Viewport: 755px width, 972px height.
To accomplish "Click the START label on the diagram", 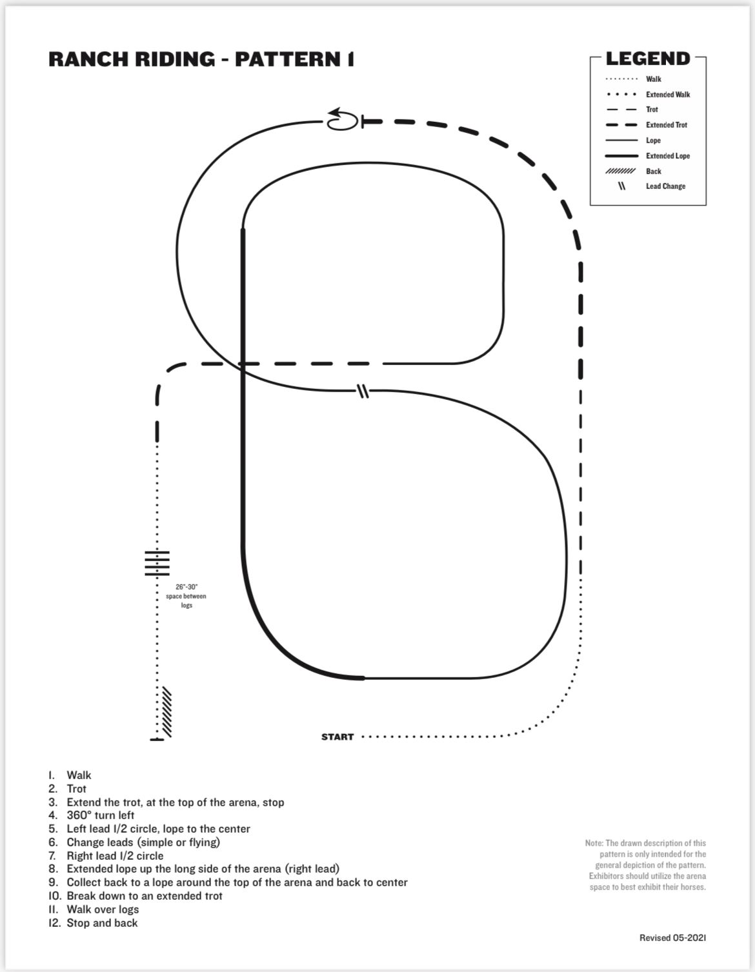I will click(337, 737).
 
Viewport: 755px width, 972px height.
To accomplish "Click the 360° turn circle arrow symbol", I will click(341, 120).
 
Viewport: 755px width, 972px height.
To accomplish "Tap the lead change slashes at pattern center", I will click(363, 391).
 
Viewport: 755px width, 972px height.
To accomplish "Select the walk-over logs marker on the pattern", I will click(157, 563).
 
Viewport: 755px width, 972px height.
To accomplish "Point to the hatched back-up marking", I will click(166, 713).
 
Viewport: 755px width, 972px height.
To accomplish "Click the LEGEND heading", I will click(648, 59).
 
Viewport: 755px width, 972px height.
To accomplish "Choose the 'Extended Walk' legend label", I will click(668, 95).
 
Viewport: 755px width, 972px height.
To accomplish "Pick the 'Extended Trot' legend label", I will click(667, 125).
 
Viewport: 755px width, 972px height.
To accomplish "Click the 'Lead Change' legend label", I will click(665, 186).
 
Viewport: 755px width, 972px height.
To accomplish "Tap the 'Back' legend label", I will click(654, 172).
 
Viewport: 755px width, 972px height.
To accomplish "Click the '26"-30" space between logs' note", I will click(186, 596).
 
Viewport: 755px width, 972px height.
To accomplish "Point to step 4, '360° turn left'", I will click(100, 815).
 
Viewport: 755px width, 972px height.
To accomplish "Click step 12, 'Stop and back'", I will click(102, 923).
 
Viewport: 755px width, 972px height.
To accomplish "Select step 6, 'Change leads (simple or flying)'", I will click(143, 842).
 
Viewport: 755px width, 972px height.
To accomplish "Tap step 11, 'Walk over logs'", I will click(103, 909).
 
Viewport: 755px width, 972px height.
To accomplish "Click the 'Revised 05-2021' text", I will click(672, 938).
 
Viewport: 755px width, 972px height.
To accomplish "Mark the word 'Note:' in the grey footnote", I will click(594, 843).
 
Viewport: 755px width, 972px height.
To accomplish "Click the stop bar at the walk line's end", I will click(157, 739).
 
